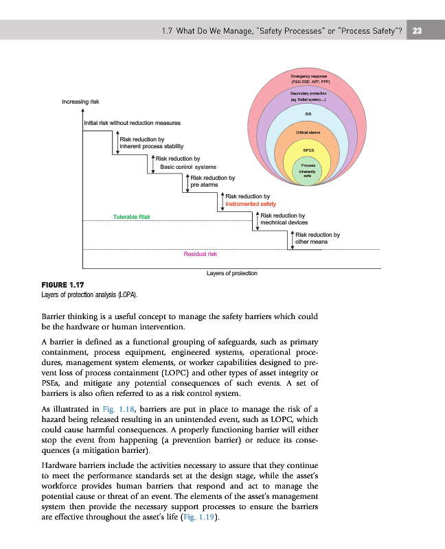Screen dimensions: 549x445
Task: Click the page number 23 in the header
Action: [417, 30]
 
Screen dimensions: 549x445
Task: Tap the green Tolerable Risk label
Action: [132, 217]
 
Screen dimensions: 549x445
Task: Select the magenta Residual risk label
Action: [201, 254]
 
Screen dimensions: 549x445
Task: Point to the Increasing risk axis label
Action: [80, 102]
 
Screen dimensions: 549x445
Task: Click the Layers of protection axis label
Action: [231, 273]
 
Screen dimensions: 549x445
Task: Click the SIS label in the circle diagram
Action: [308, 115]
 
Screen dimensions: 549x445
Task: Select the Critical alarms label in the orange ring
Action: [308, 132]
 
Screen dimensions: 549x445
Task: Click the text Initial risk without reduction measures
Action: [132, 123]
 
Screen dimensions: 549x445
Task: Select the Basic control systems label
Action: [188, 166]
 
